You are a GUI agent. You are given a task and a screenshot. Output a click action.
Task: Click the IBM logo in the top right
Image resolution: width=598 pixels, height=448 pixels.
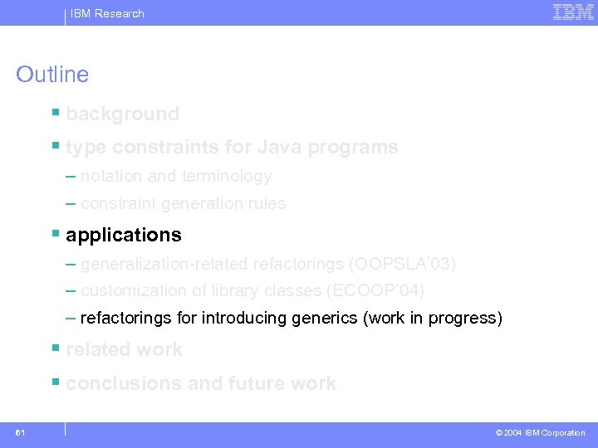[x=573, y=12]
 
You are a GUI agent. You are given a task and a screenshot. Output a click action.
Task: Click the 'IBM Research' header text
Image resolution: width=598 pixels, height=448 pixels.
[x=107, y=13]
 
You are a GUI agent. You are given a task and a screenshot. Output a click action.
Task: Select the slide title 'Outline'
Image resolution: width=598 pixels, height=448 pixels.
[x=52, y=75]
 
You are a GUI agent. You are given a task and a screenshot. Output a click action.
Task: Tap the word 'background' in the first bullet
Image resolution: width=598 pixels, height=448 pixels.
[x=122, y=114]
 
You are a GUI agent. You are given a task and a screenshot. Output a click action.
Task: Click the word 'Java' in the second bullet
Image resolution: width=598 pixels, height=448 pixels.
[x=280, y=148]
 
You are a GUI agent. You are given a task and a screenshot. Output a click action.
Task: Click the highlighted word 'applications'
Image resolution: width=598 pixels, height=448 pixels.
[x=123, y=235]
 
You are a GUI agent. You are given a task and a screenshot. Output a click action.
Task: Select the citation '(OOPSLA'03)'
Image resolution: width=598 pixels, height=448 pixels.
[x=403, y=265]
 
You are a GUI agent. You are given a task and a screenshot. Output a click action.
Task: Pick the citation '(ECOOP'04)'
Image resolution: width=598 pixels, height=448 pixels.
[x=375, y=291]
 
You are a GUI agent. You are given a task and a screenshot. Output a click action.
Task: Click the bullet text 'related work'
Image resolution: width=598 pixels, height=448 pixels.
[x=124, y=349]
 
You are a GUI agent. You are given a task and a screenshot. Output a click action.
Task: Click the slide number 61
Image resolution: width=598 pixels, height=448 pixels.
[x=20, y=432]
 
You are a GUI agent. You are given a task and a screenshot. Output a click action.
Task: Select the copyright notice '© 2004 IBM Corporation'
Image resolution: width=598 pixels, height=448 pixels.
[x=540, y=433]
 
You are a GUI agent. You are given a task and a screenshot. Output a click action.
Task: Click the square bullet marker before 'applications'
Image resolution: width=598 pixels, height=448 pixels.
[x=55, y=233]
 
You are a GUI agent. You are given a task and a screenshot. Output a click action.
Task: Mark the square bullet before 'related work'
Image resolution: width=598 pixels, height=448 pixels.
[x=55, y=348]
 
